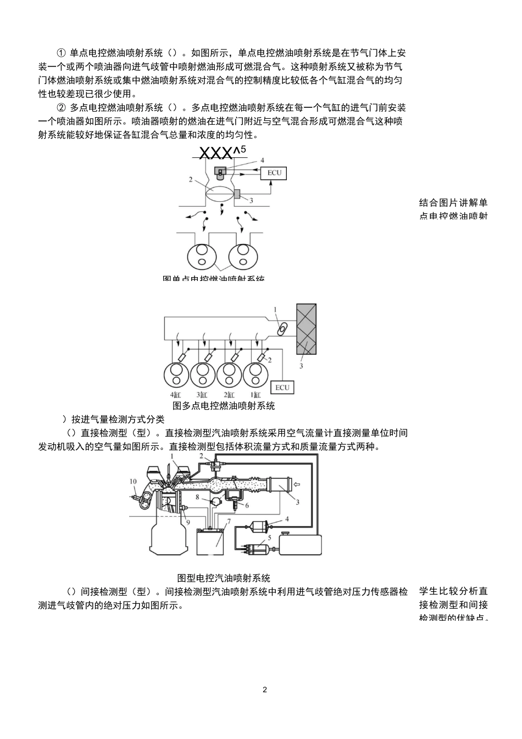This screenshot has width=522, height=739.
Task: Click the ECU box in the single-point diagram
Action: [274, 173]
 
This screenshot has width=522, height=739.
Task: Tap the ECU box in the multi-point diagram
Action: [282, 387]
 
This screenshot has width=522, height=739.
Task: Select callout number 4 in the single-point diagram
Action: [262, 160]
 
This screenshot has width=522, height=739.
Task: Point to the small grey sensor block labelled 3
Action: [237, 194]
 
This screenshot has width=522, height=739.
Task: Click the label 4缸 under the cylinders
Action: [176, 395]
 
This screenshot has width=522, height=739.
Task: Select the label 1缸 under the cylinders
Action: [255, 395]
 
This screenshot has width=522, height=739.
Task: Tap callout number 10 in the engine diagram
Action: [133, 482]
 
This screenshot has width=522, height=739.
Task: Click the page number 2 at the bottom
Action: [265, 690]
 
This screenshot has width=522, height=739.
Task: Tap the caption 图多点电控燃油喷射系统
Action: [224, 406]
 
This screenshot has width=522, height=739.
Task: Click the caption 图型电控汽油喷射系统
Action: [224, 578]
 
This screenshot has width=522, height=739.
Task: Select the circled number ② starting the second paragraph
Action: [62, 108]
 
